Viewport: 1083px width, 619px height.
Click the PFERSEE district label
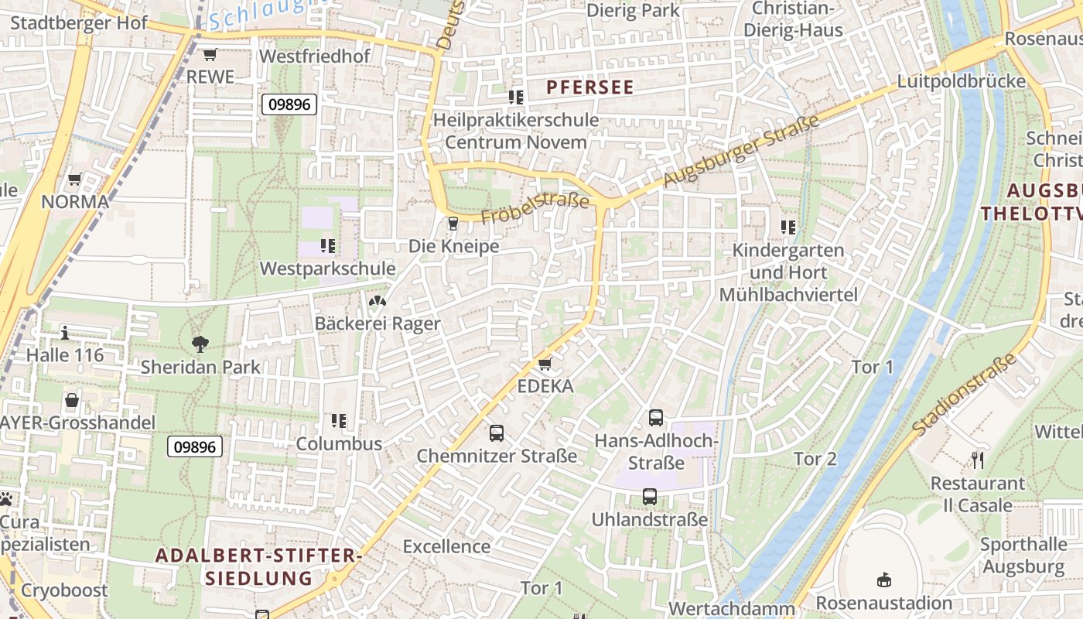point(590,87)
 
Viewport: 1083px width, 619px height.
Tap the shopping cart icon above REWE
point(210,54)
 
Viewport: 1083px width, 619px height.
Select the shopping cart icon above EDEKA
point(545,364)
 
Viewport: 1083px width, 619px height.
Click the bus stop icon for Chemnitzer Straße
point(497,433)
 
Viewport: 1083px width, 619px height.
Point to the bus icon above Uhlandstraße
point(650,497)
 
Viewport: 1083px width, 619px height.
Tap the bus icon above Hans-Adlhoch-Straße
point(656,418)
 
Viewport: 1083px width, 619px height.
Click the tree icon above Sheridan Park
point(200,344)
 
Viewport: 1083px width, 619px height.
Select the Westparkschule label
point(328,268)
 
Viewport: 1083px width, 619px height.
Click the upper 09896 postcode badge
point(289,104)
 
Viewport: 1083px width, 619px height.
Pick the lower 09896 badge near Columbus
point(196,446)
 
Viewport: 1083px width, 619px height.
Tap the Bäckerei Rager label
point(378,323)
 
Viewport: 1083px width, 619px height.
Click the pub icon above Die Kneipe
point(453,224)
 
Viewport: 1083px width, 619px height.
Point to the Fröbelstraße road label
point(535,210)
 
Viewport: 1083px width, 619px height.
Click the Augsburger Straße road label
point(740,152)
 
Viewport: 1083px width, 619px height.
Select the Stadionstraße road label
point(964,394)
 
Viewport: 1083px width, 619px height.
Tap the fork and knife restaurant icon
point(978,460)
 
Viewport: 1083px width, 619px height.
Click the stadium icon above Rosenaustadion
point(883,580)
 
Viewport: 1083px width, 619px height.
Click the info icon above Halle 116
point(65,333)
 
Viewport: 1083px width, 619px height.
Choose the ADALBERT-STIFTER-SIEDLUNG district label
point(258,566)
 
